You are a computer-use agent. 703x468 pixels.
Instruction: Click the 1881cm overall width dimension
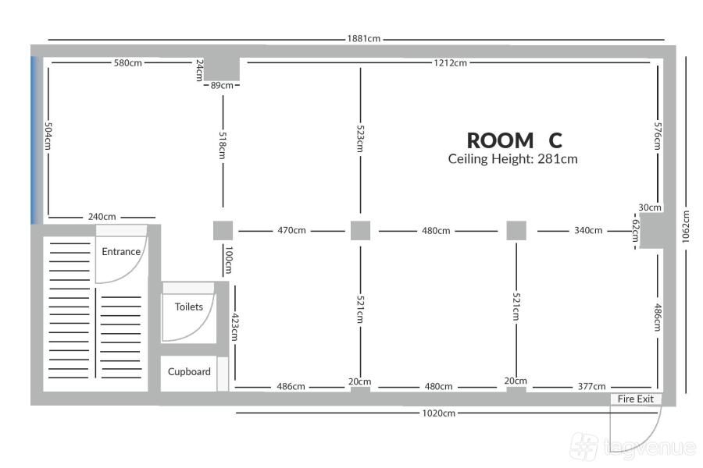tap(363, 38)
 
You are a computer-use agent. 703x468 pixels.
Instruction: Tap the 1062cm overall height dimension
tap(686, 227)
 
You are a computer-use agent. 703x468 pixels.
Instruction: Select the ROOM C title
tap(514, 140)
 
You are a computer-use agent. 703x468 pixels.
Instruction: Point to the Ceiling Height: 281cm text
tap(513, 159)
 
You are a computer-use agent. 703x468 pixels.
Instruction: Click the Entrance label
tap(121, 252)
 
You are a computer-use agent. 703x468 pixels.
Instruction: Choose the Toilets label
tap(189, 307)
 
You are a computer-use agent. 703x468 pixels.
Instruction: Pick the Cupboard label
tap(189, 372)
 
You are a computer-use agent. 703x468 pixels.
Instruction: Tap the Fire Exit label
tap(635, 399)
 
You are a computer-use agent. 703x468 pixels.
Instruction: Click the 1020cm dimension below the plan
tap(438, 413)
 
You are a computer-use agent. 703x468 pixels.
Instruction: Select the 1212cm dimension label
tap(450, 62)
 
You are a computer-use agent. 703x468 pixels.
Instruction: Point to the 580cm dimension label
tap(128, 62)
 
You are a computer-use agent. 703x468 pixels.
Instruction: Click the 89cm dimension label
tap(222, 85)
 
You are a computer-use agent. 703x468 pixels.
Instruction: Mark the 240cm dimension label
tap(102, 217)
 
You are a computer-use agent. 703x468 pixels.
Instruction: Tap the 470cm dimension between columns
tap(292, 231)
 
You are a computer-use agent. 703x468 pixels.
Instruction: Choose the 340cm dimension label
tap(588, 230)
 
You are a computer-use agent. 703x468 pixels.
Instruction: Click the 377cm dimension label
tap(591, 386)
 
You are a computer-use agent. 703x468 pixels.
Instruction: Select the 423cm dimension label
tap(235, 327)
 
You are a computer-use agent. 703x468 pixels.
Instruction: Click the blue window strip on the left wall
tap(35, 140)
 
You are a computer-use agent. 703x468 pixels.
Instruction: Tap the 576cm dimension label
tap(657, 136)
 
